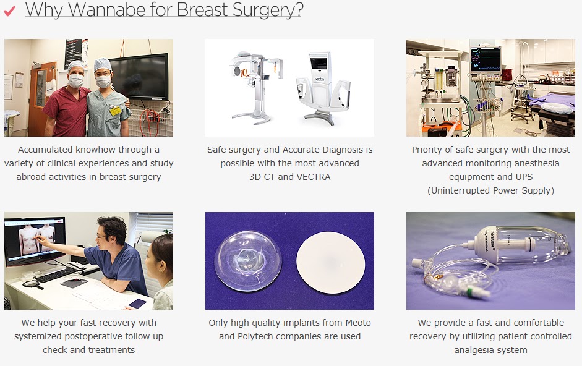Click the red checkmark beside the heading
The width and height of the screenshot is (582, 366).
tap(9, 11)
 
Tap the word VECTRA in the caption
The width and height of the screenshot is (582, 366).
tap(314, 177)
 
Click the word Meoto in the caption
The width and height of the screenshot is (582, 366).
tap(358, 323)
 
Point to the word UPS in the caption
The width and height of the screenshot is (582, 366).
tap(524, 177)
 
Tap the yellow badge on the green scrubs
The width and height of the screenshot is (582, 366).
tap(115, 111)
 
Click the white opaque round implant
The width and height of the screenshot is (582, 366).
tap(330, 262)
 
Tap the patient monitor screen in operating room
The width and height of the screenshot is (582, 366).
tap(486, 59)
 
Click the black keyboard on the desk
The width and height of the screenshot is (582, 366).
tap(57, 275)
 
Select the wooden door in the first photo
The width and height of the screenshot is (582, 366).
tap(41, 98)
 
